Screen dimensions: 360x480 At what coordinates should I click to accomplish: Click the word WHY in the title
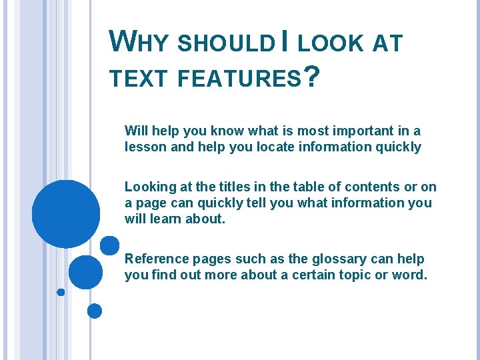pyautogui.click(x=139, y=43)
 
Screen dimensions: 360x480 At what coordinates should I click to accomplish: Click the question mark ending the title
pyautogui.click(x=310, y=76)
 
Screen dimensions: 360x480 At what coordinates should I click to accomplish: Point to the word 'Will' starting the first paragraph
pyautogui.click(x=135, y=131)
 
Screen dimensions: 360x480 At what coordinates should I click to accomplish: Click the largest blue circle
pyautogui.click(x=66, y=214)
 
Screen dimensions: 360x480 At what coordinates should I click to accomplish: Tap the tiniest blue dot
pyautogui.click(x=61, y=292)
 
